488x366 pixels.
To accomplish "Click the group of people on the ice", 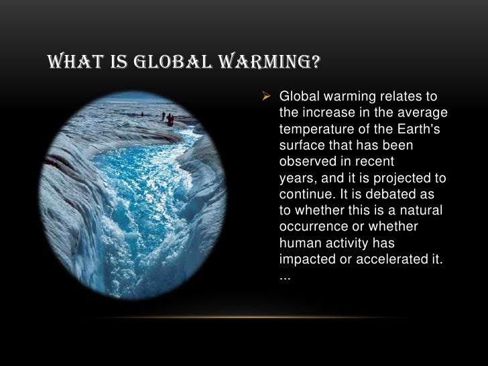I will click(168, 119).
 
